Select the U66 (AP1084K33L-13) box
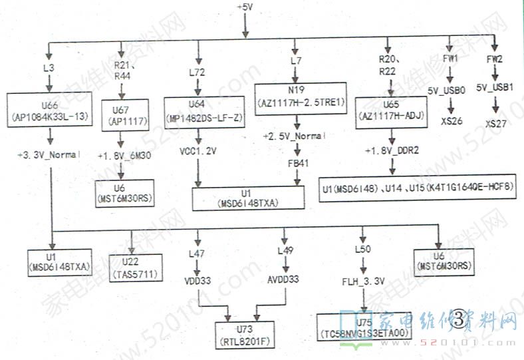[x=49, y=110]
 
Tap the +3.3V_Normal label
[x=49, y=154]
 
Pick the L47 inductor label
[x=197, y=254]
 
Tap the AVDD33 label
[x=284, y=280]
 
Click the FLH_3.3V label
[x=363, y=281]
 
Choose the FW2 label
[x=493, y=59]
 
